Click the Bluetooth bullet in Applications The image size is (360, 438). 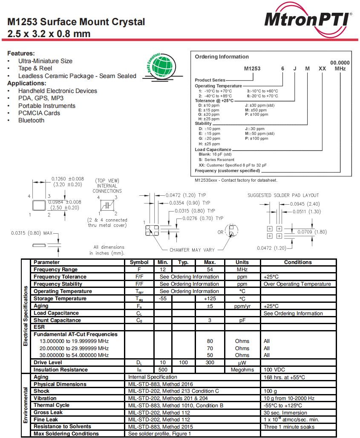[31, 120]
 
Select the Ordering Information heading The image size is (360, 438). [222, 57]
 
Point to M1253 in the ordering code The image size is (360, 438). [252, 68]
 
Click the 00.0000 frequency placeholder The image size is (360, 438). [340, 62]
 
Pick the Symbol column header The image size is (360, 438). [139, 262]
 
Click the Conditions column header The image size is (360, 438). [298, 262]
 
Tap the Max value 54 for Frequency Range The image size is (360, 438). [210, 270]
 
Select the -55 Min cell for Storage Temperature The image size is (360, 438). [162, 299]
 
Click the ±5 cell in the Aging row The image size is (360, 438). [210, 306]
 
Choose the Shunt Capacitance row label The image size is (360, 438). [57, 320]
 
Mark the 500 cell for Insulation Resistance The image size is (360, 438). [162, 370]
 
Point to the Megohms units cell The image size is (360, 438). [242, 370]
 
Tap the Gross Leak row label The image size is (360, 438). [48, 412]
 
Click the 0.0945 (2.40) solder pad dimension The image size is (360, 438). [305, 204]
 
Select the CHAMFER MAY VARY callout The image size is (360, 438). [192, 250]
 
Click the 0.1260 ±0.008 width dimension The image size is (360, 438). [67, 179]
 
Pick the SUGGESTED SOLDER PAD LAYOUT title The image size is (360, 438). [283, 195]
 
